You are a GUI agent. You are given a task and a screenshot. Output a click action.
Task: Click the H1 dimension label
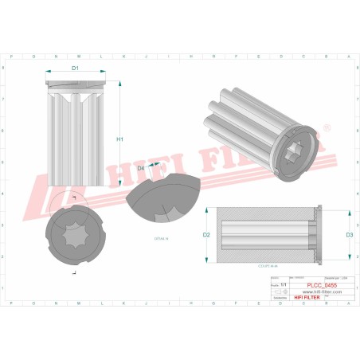120,139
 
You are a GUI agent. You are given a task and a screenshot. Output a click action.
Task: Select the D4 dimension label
140,169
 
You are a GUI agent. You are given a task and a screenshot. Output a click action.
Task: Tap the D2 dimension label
206,235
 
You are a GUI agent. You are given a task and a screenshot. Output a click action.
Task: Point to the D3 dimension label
349,235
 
